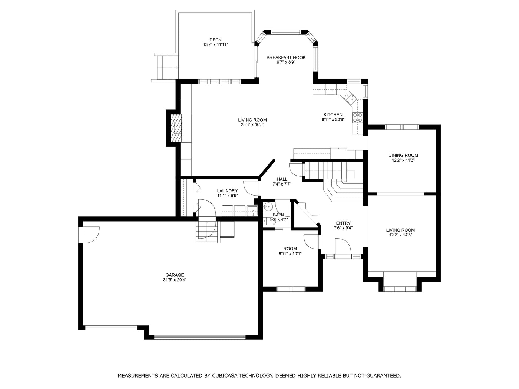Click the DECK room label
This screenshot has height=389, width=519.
215,40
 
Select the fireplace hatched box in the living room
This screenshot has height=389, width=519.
177,128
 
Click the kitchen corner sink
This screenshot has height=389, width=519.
349,97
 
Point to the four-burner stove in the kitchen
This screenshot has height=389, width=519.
358,117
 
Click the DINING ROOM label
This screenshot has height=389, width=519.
403,155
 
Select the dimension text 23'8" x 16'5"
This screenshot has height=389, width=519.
252,125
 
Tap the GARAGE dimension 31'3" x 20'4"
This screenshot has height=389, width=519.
175,280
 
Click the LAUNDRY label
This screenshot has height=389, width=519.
227,191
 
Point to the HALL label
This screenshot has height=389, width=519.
282,179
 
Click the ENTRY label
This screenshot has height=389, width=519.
343,223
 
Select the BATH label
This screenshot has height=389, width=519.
278,215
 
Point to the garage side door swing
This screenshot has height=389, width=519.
90,235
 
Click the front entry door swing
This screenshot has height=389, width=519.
343,246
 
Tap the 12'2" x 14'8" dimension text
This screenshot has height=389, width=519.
400,235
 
